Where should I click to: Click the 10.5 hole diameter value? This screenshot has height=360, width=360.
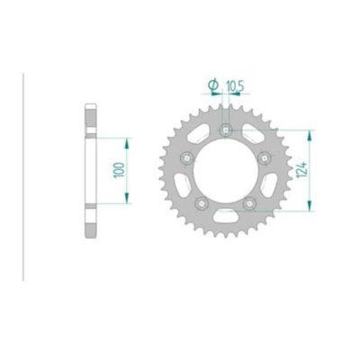tap(236, 85)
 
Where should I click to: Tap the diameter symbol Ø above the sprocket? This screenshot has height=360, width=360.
tap(213, 85)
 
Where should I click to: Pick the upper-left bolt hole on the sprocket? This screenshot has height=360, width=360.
tap(186, 158)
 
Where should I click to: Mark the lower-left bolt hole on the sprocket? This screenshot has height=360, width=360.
tap(201, 202)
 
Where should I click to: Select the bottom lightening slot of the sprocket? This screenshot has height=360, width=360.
tap(224, 218)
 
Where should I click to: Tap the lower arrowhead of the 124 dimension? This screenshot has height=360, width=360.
tap(309, 210)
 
